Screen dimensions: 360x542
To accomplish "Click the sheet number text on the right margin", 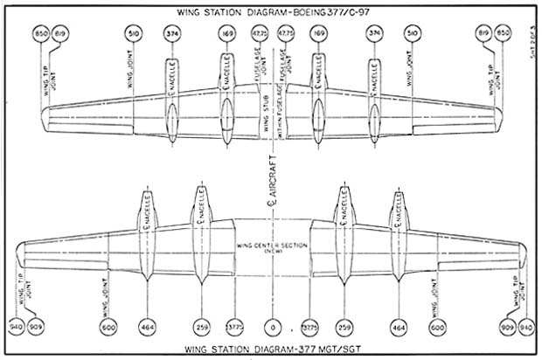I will pyautogui.click(x=532, y=60).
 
